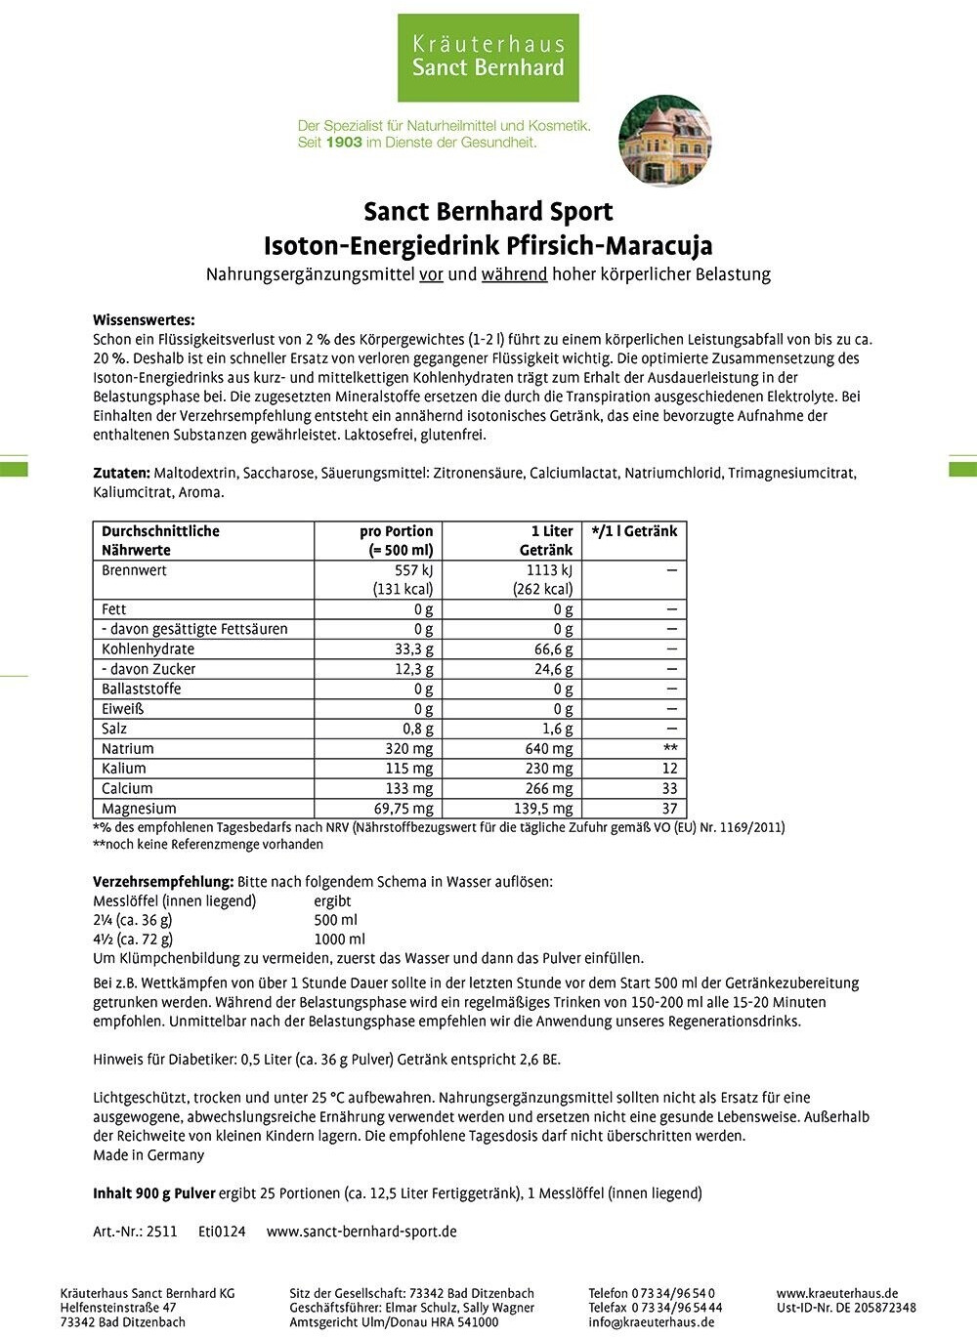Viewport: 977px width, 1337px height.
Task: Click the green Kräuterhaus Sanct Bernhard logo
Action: pyautogui.click(x=488, y=57)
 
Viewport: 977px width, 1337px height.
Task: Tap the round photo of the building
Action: pyautogui.click(x=665, y=141)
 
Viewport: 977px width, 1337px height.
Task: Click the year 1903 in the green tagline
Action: pyautogui.click(x=343, y=143)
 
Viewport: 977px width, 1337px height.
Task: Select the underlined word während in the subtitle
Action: pyautogui.click(x=514, y=274)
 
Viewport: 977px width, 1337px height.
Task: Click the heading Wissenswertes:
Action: pyautogui.click(x=144, y=320)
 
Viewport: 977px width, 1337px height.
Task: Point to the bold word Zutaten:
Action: pyautogui.click(x=121, y=473)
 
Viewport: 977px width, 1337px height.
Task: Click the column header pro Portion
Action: pyautogui.click(x=396, y=531)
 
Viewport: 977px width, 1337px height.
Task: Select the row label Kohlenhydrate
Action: pyautogui.click(x=148, y=648)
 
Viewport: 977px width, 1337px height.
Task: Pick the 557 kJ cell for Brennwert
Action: pyautogui.click(x=408, y=570)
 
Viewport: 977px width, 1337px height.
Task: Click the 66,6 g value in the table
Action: pyautogui.click(x=553, y=648)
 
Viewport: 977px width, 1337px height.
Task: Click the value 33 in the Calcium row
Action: pyautogui.click(x=669, y=788)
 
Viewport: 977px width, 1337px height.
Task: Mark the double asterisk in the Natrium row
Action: pyautogui.click(x=670, y=748)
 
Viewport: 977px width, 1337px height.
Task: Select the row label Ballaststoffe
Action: pyautogui.click(x=141, y=689)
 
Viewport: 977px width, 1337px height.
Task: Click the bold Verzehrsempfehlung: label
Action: pyautogui.click(x=163, y=881)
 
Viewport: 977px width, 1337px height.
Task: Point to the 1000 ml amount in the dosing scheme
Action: pyautogui.click(x=339, y=939)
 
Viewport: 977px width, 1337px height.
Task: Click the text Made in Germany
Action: pyautogui.click(x=149, y=1154)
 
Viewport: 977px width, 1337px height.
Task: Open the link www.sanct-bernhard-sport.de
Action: pyautogui.click(x=361, y=1232)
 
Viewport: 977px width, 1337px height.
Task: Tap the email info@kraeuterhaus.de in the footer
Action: pyautogui.click(x=651, y=1322)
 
